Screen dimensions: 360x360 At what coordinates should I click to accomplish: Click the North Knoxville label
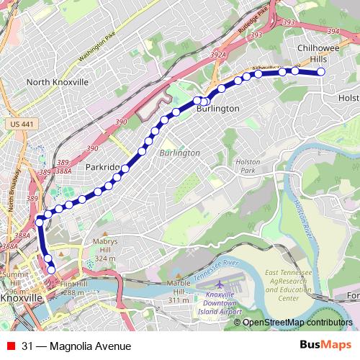click(57, 82)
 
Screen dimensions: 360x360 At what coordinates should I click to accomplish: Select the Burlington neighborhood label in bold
click(217, 108)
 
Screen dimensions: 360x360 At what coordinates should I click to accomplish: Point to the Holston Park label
click(248, 167)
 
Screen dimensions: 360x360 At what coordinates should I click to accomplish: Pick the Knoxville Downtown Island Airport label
click(220, 303)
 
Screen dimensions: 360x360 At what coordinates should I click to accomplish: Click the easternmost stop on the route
click(321, 72)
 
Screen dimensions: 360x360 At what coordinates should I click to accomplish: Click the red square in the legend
click(9, 346)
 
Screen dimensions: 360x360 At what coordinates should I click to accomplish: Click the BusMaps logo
click(325, 346)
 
